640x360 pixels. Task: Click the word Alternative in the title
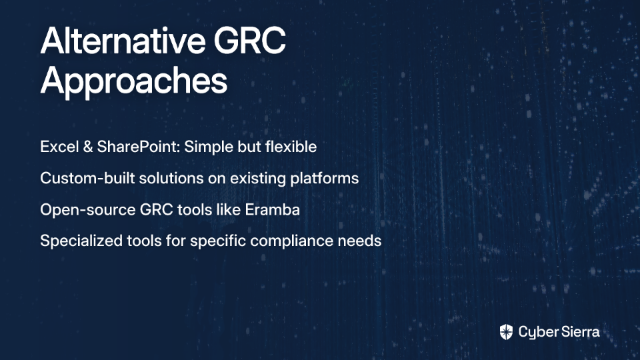(x=123, y=41)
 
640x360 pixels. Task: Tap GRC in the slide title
(x=250, y=41)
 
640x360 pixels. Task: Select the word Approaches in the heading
(x=133, y=81)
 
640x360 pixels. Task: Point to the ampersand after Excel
(x=88, y=147)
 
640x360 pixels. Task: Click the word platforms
(x=325, y=179)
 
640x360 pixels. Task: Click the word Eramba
(x=272, y=209)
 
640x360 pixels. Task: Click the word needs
(x=359, y=241)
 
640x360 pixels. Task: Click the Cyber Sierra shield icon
(x=506, y=332)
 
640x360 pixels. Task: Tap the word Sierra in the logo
(x=579, y=332)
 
